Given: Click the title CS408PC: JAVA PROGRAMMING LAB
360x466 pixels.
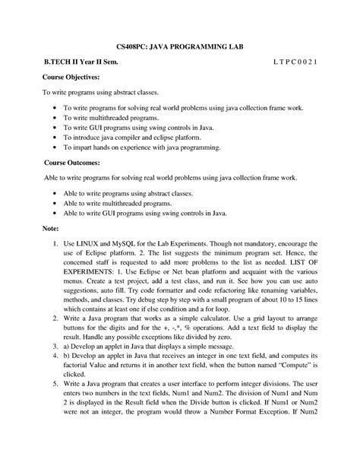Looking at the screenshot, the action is point(179,47).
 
